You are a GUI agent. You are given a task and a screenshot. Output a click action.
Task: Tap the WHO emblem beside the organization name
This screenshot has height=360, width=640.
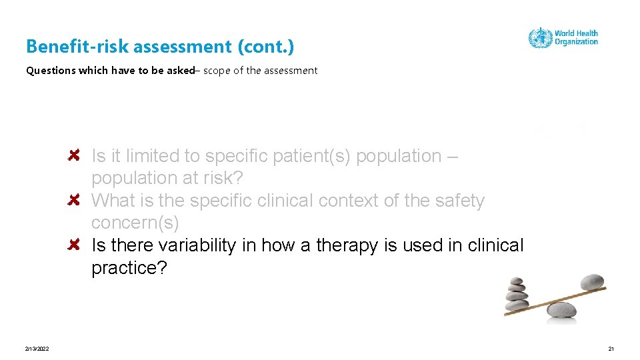tap(539, 37)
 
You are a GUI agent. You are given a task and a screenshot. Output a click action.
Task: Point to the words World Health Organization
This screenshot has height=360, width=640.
tap(576, 37)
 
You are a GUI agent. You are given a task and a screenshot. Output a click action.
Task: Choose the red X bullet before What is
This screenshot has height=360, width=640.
tap(75, 200)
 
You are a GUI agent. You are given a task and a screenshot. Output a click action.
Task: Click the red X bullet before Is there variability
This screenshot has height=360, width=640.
tap(75, 245)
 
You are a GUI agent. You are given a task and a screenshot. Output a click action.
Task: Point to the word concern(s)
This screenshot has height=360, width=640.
tap(135, 223)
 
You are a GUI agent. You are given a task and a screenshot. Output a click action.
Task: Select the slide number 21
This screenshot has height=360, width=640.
tap(611, 349)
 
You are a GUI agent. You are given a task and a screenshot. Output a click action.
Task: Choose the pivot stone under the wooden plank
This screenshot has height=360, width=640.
tap(561, 310)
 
